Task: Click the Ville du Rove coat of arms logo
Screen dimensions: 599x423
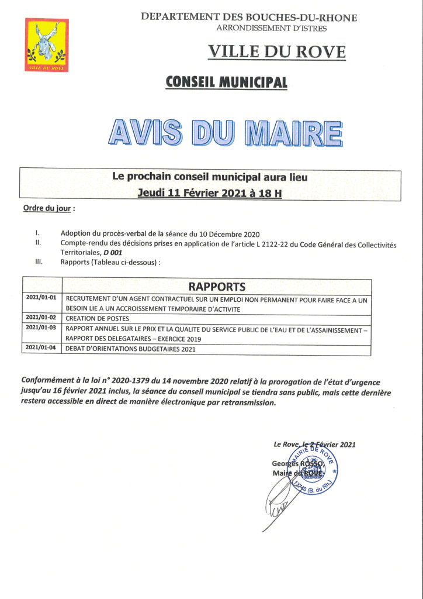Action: (x=47, y=45)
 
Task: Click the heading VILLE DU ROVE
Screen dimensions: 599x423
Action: (x=277, y=51)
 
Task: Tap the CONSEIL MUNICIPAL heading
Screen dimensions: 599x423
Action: (x=227, y=82)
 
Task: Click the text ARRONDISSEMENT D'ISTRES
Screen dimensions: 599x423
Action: (x=272, y=27)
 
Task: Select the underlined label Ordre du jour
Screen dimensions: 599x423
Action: (x=48, y=209)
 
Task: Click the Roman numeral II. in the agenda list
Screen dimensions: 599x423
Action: (x=38, y=241)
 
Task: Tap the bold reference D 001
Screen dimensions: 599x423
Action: (x=113, y=252)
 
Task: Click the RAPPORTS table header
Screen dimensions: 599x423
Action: (x=217, y=286)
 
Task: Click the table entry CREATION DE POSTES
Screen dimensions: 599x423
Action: (x=98, y=319)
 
